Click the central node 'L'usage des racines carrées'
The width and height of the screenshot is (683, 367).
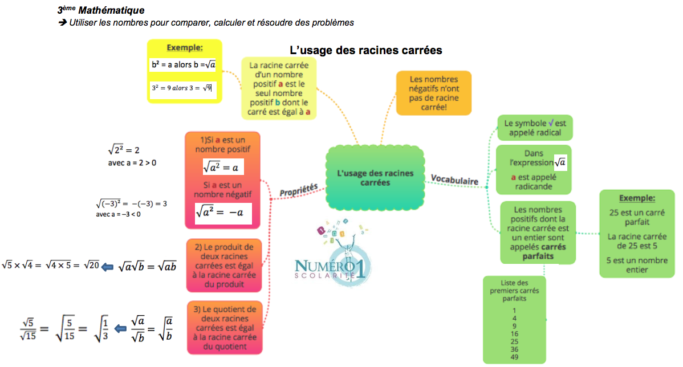375,178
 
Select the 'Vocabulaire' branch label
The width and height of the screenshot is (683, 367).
454,180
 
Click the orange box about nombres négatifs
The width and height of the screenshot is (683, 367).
434,93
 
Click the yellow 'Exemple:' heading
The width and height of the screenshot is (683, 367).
184,47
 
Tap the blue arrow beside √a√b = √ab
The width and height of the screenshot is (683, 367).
108,266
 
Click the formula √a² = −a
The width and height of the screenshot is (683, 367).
219,213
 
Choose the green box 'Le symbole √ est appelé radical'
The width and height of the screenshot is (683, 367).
534,128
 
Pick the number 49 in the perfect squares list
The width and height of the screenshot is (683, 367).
514,357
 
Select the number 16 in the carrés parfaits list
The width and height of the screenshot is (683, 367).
514,334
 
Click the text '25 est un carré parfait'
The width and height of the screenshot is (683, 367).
637,217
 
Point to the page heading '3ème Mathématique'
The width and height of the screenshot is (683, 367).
101,10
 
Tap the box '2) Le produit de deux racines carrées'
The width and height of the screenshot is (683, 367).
223,266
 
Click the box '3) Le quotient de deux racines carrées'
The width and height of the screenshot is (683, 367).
225,327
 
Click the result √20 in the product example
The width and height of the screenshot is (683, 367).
91,264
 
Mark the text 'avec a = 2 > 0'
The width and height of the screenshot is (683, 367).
132,163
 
